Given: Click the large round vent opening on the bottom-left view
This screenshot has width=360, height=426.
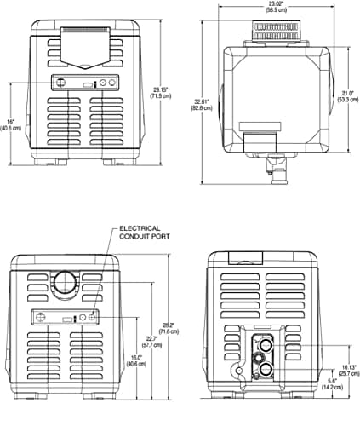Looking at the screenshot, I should (64, 282).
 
